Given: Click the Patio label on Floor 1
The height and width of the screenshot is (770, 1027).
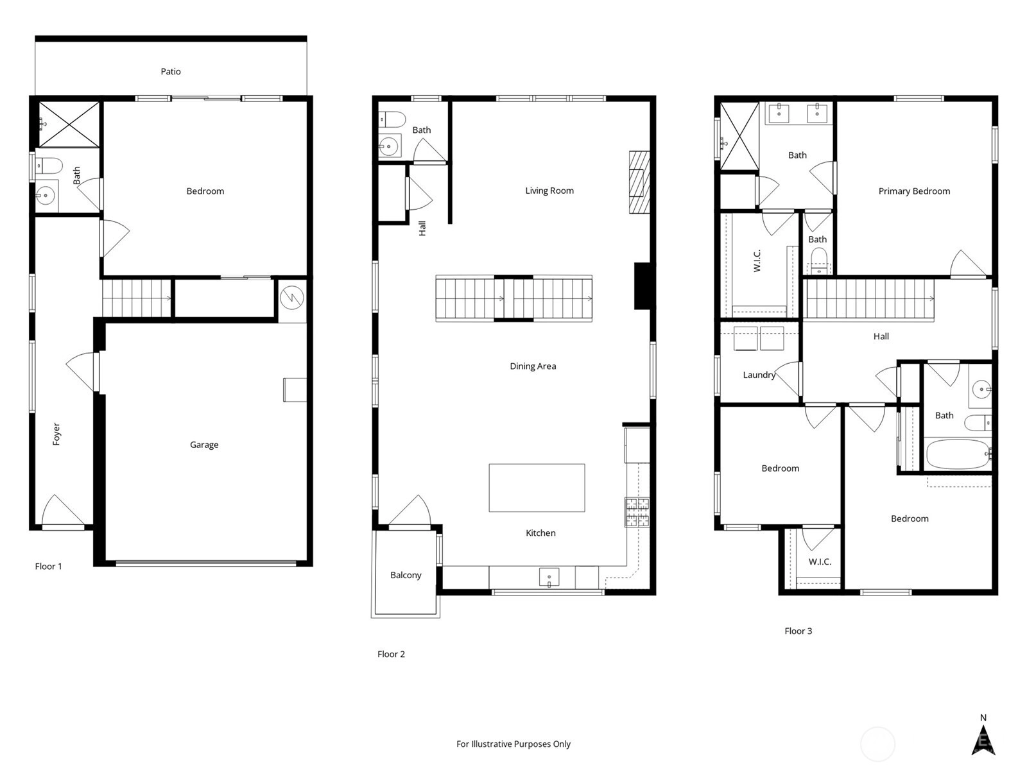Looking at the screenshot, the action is pos(170,71).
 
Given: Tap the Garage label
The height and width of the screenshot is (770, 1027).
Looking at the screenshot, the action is pos(204,445).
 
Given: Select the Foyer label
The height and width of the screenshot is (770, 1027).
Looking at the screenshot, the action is pos(56,434).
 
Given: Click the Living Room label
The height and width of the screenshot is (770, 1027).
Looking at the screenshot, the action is pos(549,191).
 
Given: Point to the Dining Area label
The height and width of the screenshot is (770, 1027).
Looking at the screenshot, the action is pos(533,366).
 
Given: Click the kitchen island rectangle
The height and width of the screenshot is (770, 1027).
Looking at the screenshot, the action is pos(537,488).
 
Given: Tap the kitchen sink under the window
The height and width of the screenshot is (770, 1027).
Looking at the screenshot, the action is pos(549,577).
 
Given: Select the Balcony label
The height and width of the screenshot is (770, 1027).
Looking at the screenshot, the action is pos(406,576).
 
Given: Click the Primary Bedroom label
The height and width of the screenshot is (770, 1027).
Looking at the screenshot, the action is pos(914,191).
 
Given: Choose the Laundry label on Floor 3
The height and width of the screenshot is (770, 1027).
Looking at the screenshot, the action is pos(759,375).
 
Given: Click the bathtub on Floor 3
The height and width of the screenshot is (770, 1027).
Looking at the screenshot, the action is pos(958,454).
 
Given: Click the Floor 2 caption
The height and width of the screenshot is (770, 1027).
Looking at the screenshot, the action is pos(391,654).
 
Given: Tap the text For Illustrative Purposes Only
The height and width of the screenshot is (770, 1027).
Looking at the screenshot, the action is pos(513,744).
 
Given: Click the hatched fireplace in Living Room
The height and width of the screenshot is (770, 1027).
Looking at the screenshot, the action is pos(639,182).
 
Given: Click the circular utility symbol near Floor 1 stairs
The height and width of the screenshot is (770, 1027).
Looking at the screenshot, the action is pos(292,297).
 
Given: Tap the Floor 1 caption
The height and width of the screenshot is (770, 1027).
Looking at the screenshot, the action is pos(48,567).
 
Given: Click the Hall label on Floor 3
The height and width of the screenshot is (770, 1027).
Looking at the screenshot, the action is pos(881,337).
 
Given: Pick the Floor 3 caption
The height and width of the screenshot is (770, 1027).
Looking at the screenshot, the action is pos(798,631).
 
